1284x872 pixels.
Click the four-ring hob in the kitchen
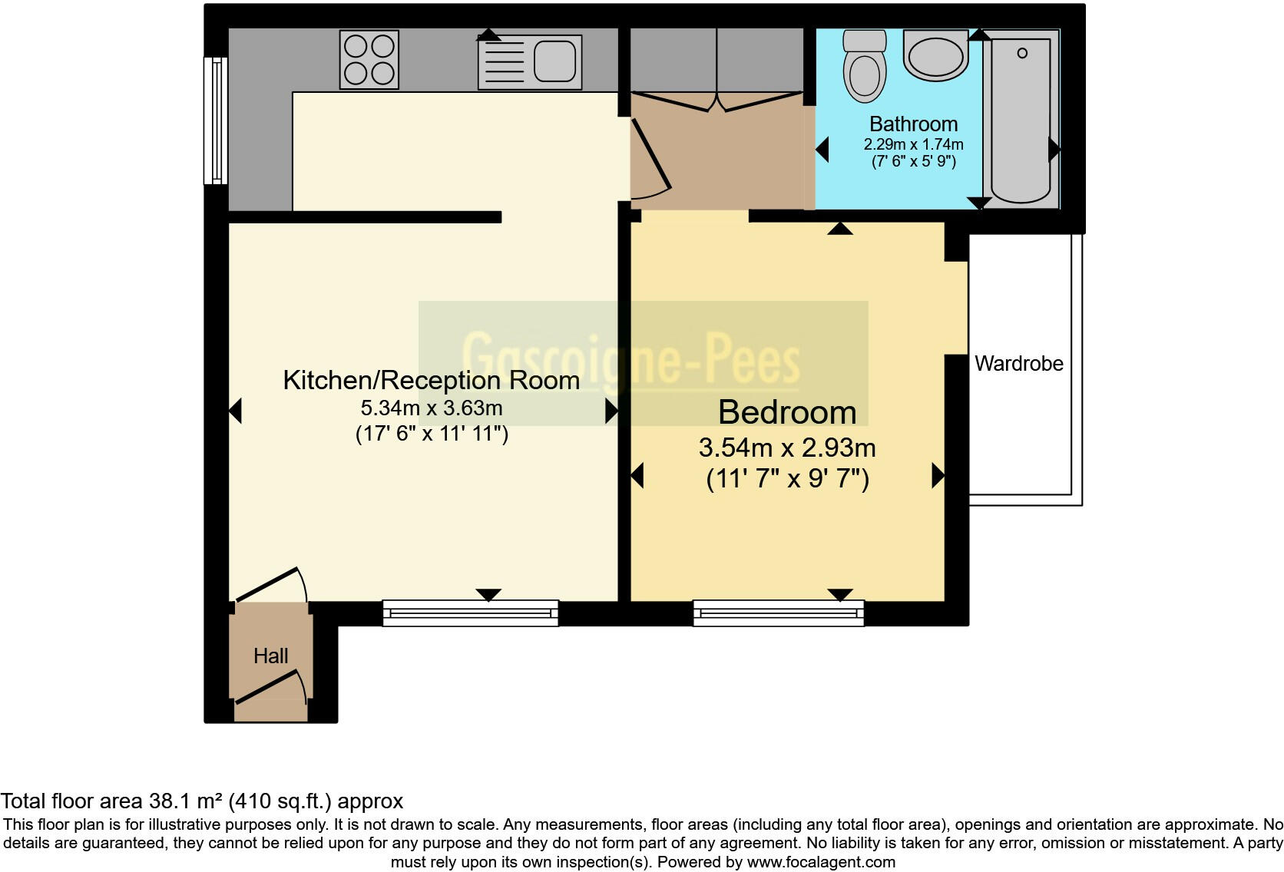[369, 59]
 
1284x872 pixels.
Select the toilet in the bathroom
[864, 66]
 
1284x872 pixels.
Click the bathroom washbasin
[935, 55]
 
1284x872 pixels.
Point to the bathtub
[1021, 120]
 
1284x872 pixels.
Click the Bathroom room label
[913, 124]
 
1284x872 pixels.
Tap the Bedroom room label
[787, 413]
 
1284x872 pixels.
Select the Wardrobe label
[1018, 364]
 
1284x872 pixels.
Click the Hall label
[270, 656]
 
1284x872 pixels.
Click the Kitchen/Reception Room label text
[431, 381]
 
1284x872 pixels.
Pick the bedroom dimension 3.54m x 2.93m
[787, 448]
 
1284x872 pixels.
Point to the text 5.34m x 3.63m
[431, 408]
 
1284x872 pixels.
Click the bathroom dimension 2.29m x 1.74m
[913, 144]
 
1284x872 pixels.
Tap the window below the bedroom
[778, 613]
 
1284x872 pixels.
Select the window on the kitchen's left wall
[216, 121]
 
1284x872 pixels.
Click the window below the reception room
[470, 613]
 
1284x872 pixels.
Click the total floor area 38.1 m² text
[201, 801]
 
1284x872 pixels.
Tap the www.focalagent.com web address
[821, 862]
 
